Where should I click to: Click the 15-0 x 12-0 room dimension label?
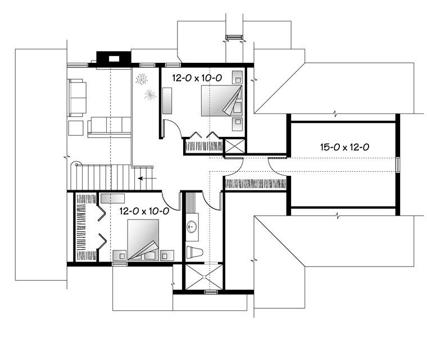click(344, 147)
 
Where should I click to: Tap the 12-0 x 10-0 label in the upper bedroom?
click(197, 78)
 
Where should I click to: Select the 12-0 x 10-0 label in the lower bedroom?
click(144, 211)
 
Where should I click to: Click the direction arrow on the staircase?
click(147, 179)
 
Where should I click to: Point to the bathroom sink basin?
click(192, 227)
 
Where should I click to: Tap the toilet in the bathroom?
click(194, 252)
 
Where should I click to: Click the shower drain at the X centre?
click(204, 277)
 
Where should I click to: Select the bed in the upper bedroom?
click(222, 101)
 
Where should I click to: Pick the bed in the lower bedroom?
click(143, 240)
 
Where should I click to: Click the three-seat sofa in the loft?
click(109, 126)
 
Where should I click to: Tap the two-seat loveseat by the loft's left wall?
click(77, 98)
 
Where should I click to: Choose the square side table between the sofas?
click(76, 128)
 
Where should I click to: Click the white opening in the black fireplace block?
click(114, 58)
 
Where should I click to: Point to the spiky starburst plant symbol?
click(150, 95)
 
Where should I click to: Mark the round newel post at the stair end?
click(77, 164)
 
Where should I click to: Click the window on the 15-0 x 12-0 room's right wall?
click(398, 164)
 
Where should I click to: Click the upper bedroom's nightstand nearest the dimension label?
click(238, 77)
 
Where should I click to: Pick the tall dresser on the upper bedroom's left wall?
click(167, 100)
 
